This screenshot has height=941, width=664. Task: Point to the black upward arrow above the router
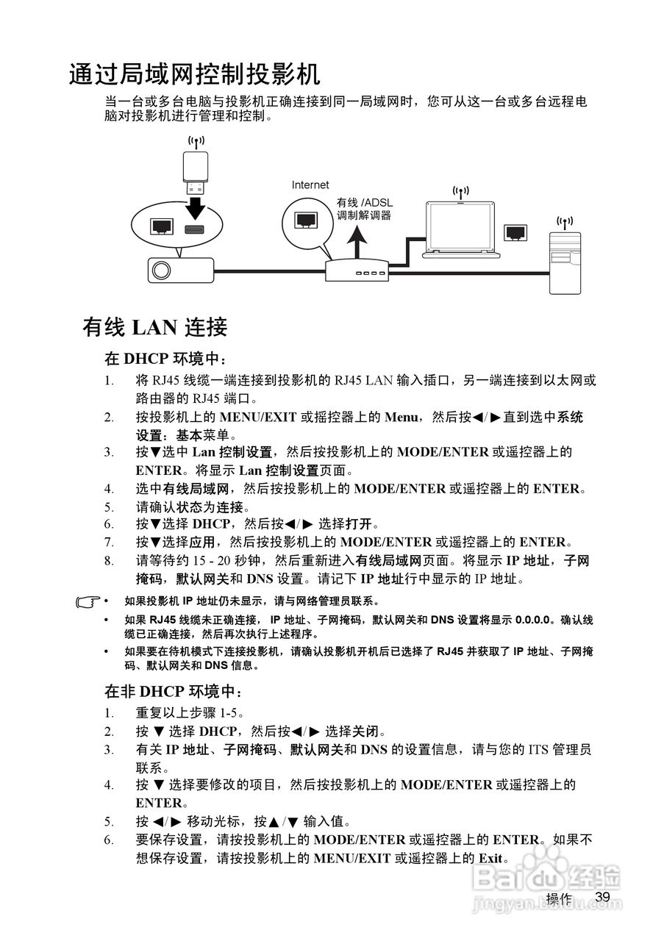(x=357, y=243)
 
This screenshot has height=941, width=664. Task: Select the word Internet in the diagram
(x=310, y=185)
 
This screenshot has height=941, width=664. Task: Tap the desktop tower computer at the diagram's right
(x=564, y=261)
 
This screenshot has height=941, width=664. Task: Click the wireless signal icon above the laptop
(x=461, y=192)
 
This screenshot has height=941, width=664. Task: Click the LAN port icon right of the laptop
(x=515, y=232)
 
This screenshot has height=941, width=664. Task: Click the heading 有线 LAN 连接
(x=155, y=327)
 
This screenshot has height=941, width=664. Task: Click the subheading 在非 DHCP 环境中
(x=174, y=692)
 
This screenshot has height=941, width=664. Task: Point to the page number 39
(x=603, y=898)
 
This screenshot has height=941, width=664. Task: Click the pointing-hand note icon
(x=88, y=602)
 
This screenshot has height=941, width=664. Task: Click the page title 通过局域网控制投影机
(x=194, y=75)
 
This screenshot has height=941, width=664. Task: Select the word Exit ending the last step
(x=491, y=858)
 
